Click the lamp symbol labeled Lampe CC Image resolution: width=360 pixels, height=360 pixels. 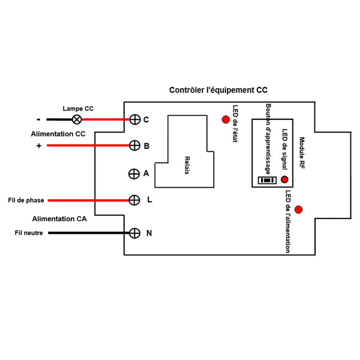click(x=77, y=119)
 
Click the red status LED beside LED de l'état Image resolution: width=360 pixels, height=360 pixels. click(x=226, y=119)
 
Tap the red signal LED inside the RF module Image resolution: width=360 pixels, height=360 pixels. click(x=284, y=179)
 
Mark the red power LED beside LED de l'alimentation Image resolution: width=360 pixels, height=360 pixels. click(x=298, y=209)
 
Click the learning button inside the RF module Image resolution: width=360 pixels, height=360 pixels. click(x=265, y=180)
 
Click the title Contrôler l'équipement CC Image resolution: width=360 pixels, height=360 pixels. click(x=218, y=90)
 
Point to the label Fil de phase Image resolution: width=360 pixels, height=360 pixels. click(x=26, y=200)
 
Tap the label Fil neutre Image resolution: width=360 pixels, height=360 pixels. click(x=28, y=233)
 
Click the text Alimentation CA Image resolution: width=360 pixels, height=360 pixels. click(x=59, y=219)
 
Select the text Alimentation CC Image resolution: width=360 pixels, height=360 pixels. click(x=58, y=134)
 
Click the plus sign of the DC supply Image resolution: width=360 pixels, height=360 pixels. click(x=39, y=146)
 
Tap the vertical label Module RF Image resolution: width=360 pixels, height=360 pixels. click(x=302, y=152)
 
